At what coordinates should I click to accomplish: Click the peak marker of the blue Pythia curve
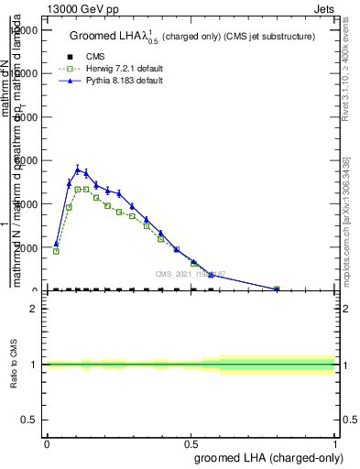point(78,169)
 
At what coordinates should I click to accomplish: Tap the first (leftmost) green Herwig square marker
point(56,251)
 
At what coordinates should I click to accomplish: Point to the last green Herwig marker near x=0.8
point(277,289)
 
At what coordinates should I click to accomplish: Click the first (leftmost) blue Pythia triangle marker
point(56,245)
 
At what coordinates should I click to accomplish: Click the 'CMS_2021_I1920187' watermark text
point(190,274)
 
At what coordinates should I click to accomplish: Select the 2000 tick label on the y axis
point(25,247)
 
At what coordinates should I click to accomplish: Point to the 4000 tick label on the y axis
point(25,204)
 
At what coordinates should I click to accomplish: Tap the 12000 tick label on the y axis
point(22,30)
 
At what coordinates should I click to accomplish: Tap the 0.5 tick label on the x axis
point(191,443)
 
